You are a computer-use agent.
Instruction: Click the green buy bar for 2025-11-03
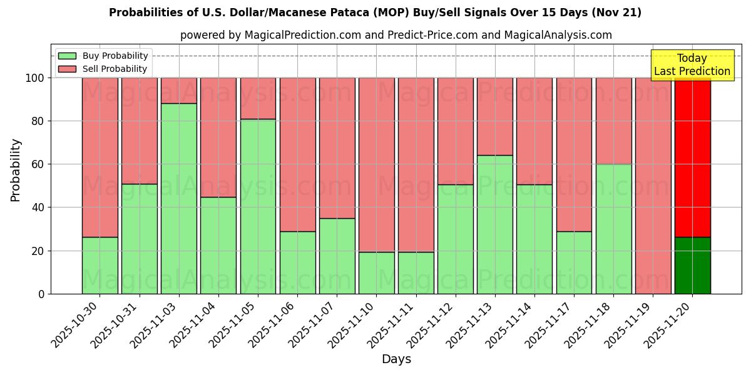point(179,198)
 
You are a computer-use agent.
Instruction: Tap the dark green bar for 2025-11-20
point(692,266)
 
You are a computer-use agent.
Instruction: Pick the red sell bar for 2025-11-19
point(653,186)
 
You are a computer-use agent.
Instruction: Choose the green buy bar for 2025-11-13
point(494,224)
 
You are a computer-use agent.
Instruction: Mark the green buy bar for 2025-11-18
point(613,229)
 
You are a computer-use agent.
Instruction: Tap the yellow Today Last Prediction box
point(692,65)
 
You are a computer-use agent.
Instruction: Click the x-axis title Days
point(396,359)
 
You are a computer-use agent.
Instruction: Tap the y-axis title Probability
point(16,170)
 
